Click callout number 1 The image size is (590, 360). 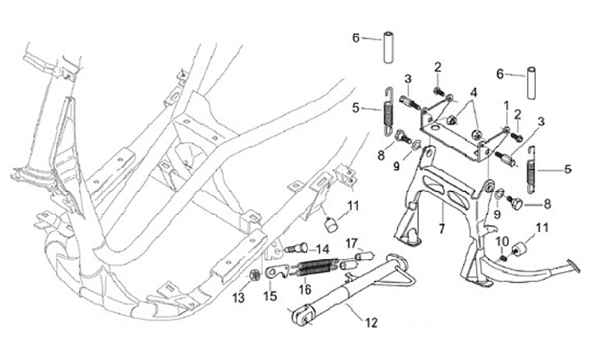[506, 105]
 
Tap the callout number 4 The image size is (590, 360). [473, 92]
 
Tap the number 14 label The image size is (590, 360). [323, 248]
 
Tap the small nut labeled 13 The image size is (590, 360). [256, 273]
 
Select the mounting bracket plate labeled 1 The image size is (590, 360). [459, 131]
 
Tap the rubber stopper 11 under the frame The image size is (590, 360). [332, 221]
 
